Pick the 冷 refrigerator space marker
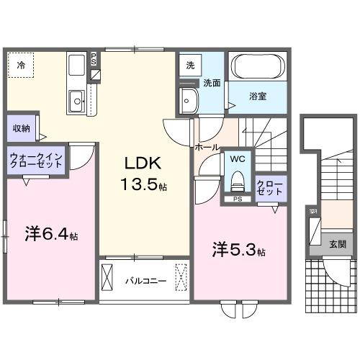click(x=21, y=66)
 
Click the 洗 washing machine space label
click(x=190, y=64)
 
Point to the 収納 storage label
click(x=20, y=128)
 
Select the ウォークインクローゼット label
click(x=36, y=160)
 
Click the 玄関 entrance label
click(x=337, y=243)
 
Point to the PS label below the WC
click(x=235, y=199)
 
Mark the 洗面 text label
click(x=211, y=83)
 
